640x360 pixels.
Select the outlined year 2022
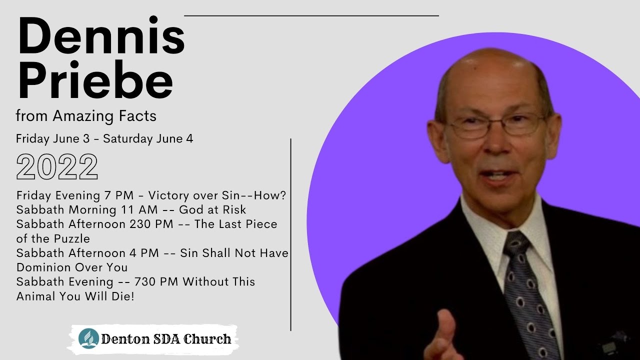[x=57, y=167]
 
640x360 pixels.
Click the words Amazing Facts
[x=104, y=116]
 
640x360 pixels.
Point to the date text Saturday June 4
[x=148, y=139]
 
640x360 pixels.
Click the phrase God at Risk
[x=212, y=209]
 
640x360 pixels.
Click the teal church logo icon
[x=88, y=338]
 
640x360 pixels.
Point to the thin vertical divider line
[x=290, y=235]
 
